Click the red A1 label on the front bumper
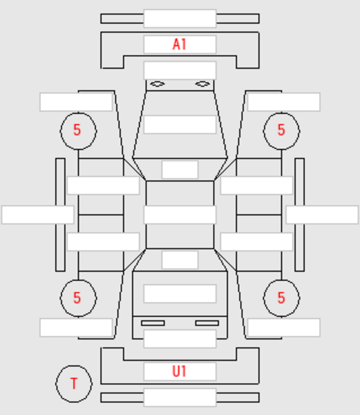179,44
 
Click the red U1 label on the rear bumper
179,371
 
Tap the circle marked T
74,366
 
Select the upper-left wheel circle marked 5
78,113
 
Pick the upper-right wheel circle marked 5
282,113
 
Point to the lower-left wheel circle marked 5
78,280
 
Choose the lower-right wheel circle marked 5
282,280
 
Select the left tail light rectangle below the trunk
153,323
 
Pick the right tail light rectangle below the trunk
207,323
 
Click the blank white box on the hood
180,124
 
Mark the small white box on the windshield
180,169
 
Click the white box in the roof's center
180,215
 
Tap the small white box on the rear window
180,260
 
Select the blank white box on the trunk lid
180,294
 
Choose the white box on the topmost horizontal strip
180,18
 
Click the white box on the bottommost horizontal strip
180,397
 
